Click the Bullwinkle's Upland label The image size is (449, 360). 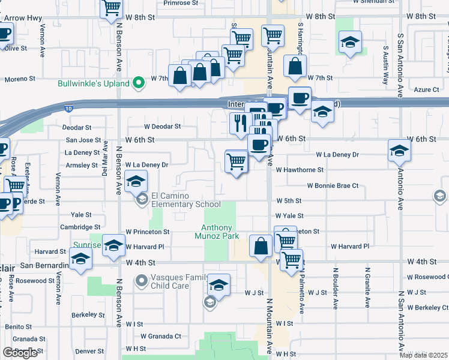(94, 83)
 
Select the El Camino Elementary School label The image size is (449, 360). (178, 200)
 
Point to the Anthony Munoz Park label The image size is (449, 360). (220, 232)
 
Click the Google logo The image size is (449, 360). (20, 353)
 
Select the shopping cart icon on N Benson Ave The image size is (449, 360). (112, 8)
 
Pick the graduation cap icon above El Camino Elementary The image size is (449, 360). (137, 181)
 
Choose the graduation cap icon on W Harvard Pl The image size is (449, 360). (113, 245)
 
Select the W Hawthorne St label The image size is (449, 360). (300, 170)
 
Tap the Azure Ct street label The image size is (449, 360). (427, 89)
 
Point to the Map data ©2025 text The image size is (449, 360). (423, 355)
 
